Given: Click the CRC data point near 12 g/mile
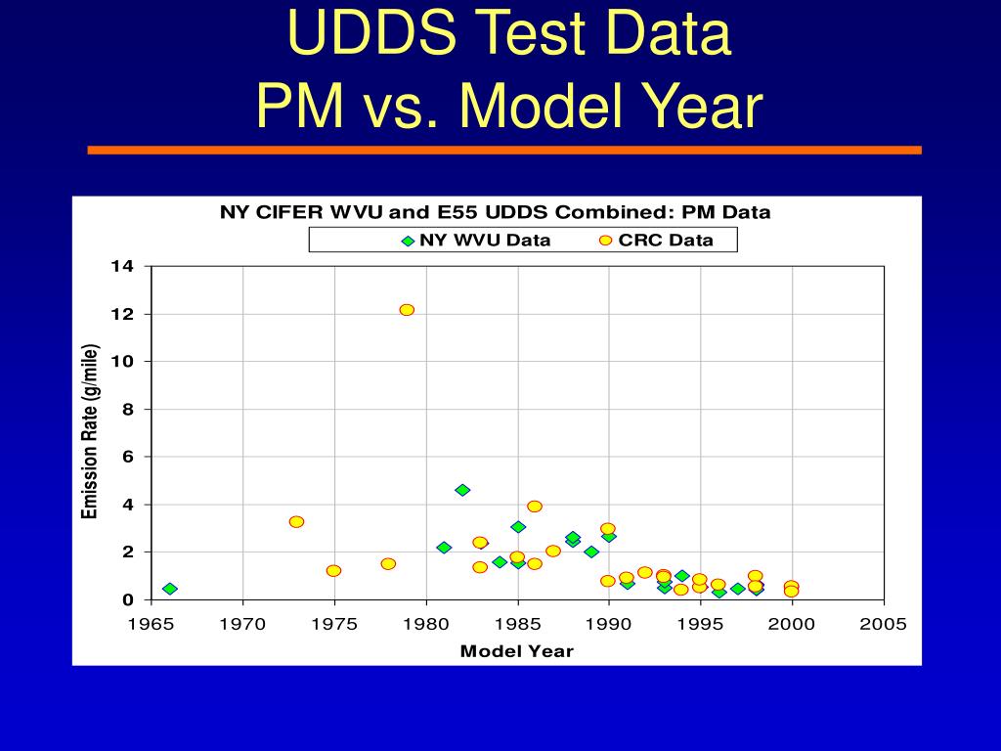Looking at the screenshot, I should (407, 310).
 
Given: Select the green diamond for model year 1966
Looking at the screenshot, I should (170, 589).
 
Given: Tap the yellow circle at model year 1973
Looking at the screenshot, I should (296, 522).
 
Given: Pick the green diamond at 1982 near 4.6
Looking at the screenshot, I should (462, 490).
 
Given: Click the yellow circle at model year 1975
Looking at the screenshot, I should (333, 571).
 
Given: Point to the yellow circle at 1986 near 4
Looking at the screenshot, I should (535, 507).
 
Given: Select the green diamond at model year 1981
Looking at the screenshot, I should (444, 548).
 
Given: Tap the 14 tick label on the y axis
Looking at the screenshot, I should (121, 266).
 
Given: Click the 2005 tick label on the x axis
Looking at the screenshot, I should (884, 624).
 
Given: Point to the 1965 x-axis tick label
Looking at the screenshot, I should (152, 624).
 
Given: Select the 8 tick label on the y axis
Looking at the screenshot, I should (127, 409).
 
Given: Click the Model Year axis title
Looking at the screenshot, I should (516, 651).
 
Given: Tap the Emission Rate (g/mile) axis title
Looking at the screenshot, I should (90, 432).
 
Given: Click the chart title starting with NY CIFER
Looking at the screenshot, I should (495, 212).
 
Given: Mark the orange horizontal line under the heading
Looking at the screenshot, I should (503, 151).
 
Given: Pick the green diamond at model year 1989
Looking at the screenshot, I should (591, 552).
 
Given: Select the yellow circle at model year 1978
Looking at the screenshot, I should (388, 564).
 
